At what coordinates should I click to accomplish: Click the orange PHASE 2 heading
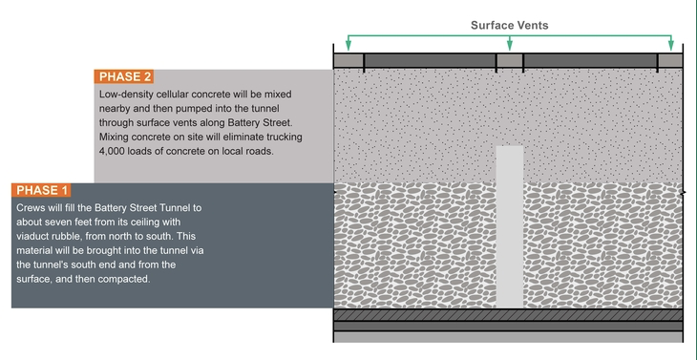point(123,76)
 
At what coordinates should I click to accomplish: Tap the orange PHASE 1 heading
point(43,190)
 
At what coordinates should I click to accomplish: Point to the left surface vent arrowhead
point(348,45)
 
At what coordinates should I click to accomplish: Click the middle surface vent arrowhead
point(510,45)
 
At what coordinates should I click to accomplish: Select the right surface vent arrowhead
point(671,45)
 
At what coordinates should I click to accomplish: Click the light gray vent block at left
point(348,61)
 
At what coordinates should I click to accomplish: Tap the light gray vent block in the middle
point(510,61)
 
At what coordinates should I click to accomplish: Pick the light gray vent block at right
point(670,61)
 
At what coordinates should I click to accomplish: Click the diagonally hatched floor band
point(510,314)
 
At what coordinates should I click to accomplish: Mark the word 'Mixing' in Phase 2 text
point(117,137)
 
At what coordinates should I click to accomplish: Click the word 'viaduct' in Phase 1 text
point(36,236)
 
